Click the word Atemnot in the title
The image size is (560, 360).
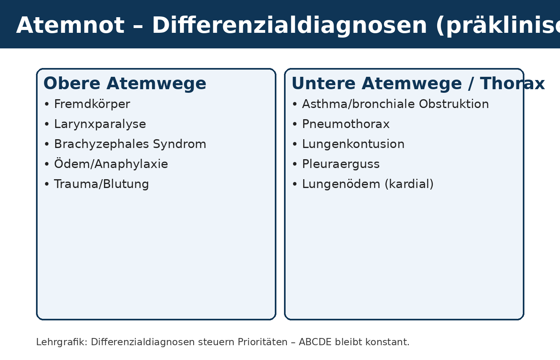pyautogui.click(x=70, y=26)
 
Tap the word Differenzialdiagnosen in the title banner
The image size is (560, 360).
pyautogui.click(x=290, y=26)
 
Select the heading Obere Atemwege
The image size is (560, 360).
pyautogui.click(x=125, y=84)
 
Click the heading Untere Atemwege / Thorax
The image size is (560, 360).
pyautogui.click(x=418, y=84)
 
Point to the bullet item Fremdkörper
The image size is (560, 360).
pyautogui.click(x=92, y=104)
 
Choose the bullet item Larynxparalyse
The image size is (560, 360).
pyautogui.click(x=100, y=124)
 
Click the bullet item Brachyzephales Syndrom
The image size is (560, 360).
pyautogui.click(x=130, y=144)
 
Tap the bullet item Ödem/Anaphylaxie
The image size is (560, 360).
pyautogui.click(x=111, y=164)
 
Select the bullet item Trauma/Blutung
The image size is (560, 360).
pyautogui.click(x=101, y=184)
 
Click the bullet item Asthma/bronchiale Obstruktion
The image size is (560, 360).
pyautogui.click(x=395, y=104)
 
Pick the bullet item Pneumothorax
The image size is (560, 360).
pyautogui.click(x=346, y=124)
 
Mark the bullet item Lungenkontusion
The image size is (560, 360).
pyautogui.click(x=353, y=144)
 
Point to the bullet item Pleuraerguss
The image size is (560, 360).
pyautogui.click(x=341, y=164)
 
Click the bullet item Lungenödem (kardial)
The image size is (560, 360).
pyautogui.click(x=368, y=184)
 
